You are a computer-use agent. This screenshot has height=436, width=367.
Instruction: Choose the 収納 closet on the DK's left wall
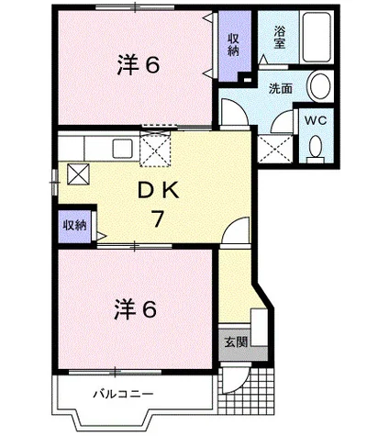coord(74,225)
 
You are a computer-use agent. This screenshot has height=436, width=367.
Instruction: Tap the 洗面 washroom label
coord(280,90)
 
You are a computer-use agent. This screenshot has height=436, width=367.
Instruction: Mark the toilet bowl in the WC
coord(317,146)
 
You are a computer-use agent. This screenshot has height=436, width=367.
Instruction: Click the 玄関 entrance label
coord(234,342)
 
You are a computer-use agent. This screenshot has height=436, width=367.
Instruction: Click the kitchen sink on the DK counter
coord(121,147)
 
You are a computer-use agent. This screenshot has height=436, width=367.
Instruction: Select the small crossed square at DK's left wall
coord(77,173)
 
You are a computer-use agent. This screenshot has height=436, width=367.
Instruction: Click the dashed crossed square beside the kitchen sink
coord(156,147)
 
